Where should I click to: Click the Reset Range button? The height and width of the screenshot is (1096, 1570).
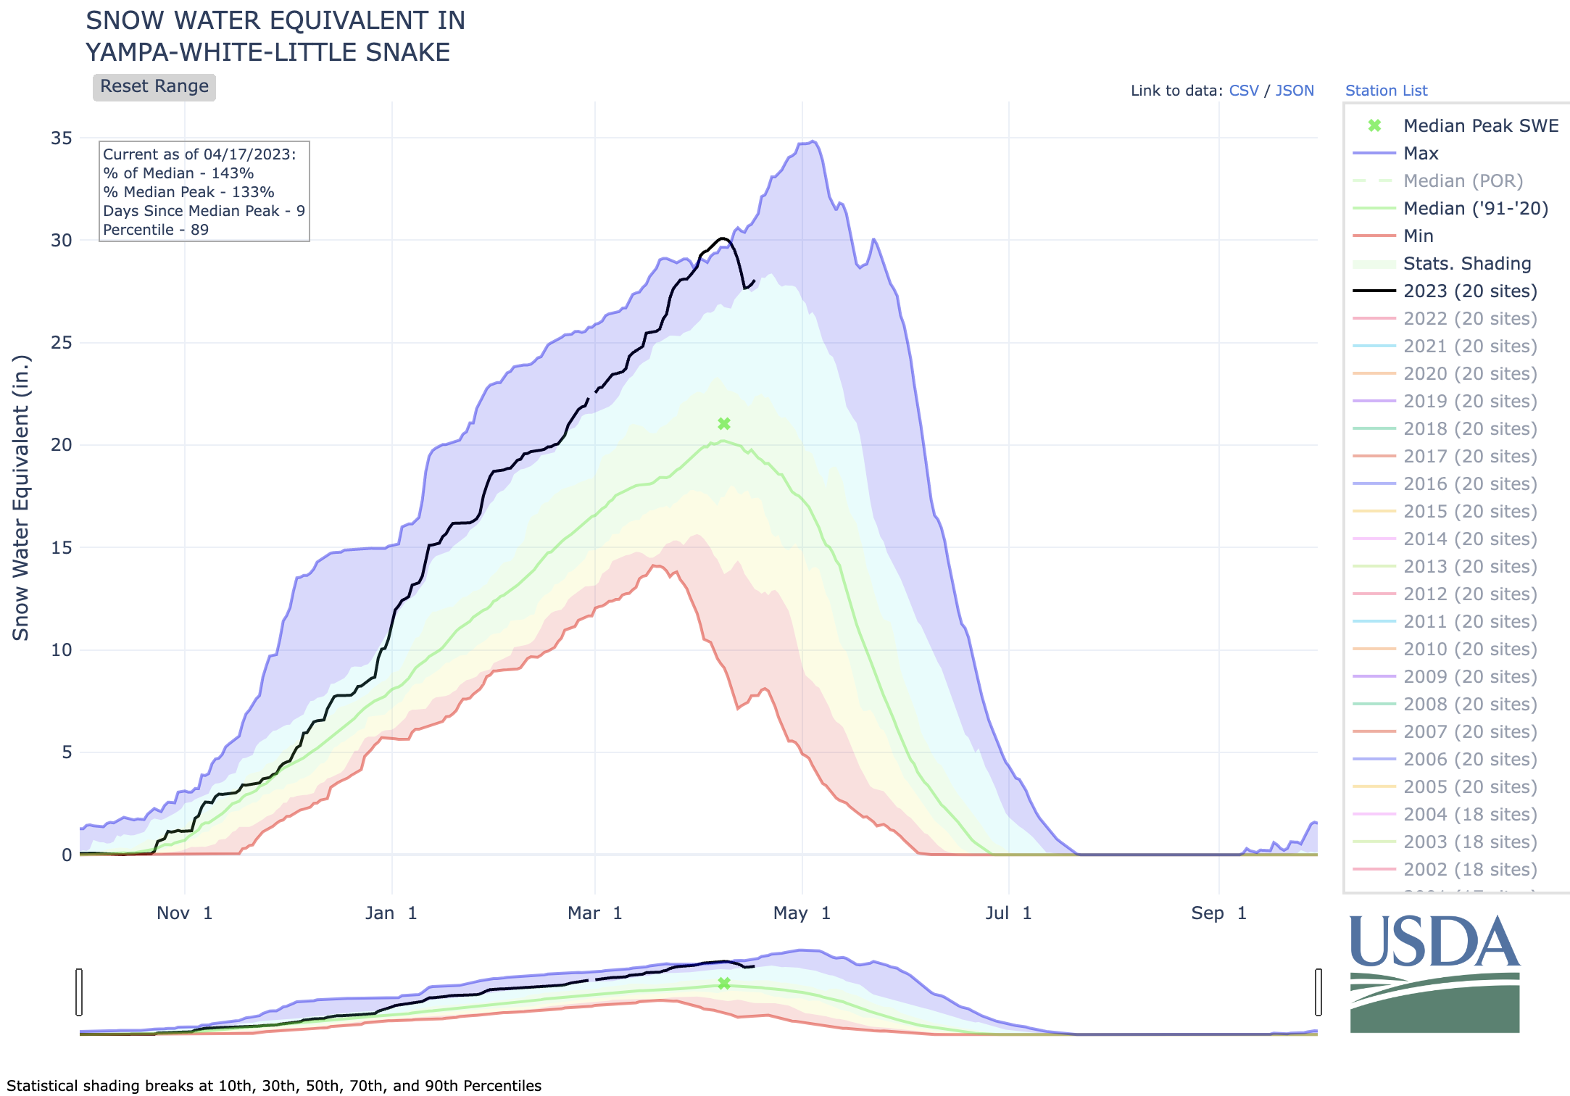coord(154,87)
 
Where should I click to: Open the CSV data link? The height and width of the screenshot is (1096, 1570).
coord(1244,91)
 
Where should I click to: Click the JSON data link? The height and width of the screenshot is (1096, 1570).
coord(1295,91)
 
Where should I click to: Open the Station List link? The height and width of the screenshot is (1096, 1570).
coord(1386,91)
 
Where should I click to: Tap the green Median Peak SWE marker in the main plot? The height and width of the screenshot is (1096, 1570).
coord(723,423)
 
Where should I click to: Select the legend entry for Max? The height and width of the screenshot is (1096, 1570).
coord(1421,154)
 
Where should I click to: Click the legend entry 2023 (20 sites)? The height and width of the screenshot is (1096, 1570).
coord(1470,291)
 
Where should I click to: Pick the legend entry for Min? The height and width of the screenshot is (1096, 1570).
coord(1418,236)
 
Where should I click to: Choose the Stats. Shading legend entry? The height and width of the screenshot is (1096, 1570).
coord(1467,264)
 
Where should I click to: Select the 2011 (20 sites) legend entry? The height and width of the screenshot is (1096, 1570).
coord(1470,622)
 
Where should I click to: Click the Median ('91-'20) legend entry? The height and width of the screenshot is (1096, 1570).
coord(1476,209)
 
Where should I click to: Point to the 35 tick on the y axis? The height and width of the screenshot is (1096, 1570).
coord(62,138)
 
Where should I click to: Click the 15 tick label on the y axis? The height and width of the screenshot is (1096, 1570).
coord(62,547)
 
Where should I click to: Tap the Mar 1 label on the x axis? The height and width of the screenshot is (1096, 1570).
coord(594,913)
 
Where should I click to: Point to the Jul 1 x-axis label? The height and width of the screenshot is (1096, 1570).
coord(1008,913)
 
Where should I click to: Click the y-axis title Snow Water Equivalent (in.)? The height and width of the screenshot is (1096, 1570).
coord(20,497)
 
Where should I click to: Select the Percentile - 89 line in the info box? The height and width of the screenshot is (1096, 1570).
coord(156,230)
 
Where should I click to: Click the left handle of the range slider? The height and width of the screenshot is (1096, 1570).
coord(79,992)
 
